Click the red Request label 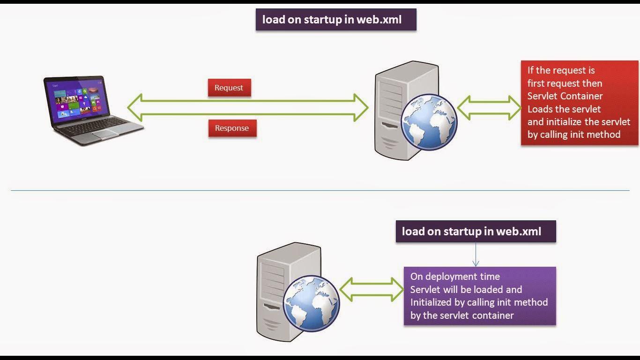coord(229,88)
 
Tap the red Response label coord(232,128)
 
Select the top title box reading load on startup coord(335,20)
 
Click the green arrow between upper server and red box coord(489,107)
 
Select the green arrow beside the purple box coord(372,289)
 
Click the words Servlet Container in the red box coord(565,96)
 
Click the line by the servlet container coord(461,315)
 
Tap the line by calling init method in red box coord(573,135)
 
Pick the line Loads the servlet coord(564,109)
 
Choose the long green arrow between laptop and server coord(248,108)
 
